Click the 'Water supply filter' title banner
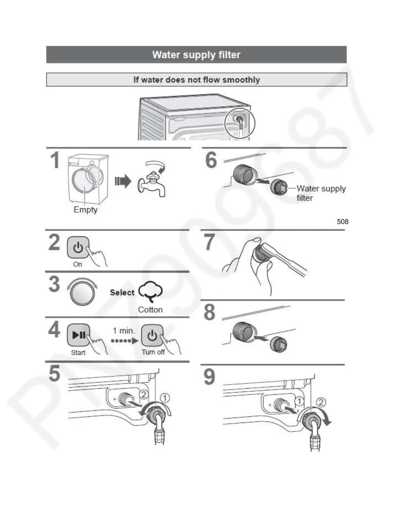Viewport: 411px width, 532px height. (196, 55)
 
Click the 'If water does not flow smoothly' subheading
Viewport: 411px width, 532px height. (196, 80)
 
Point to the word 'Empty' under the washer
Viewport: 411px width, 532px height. (86, 210)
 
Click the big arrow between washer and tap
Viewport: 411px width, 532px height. (123, 181)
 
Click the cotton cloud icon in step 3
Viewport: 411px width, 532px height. (150, 292)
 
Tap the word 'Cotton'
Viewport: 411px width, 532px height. (150, 310)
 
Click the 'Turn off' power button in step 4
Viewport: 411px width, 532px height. (152, 335)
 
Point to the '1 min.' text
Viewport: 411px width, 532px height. (124, 331)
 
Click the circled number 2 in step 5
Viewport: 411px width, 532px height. (144, 394)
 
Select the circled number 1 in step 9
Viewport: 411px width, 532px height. (299, 401)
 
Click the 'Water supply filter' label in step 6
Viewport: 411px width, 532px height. (321, 193)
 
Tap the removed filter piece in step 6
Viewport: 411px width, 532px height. (279, 187)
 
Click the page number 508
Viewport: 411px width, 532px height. (342, 222)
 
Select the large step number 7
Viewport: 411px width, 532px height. (210, 242)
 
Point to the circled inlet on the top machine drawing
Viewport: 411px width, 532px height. (240, 122)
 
